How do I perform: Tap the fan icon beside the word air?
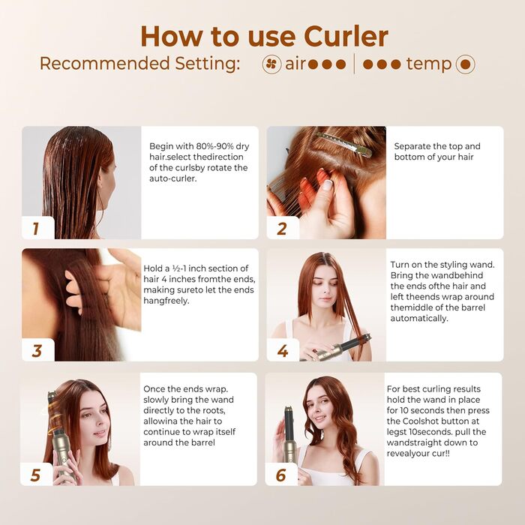click(x=272, y=64)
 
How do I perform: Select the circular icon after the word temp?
click(x=466, y=64)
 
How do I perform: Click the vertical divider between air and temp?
click(x=355, y=64)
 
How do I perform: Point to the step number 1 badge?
click(x=35, y=228)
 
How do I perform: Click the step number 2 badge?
click(x=282, y=228)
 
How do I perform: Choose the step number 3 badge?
click(x=36, y=350)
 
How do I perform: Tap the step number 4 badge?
click(x=282, y=351)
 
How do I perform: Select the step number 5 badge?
click(x=35, y=475)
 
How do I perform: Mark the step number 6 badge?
click(x=281, y=475)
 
